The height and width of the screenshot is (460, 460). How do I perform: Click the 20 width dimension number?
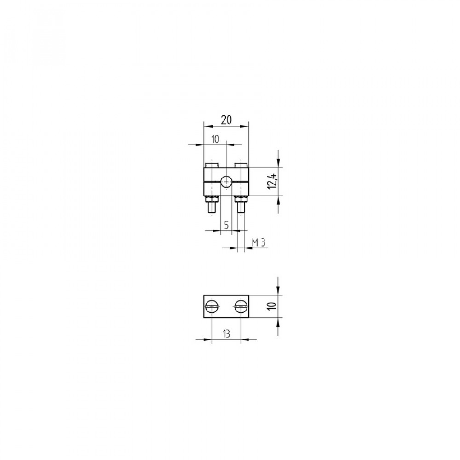226,120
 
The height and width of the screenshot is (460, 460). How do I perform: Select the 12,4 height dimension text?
272,181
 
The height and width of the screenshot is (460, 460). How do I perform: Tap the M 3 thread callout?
259,242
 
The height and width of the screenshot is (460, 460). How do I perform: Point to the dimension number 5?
226,225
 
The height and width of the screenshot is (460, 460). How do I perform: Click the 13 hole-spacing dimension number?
226,334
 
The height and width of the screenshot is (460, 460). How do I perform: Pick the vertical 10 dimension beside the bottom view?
272,305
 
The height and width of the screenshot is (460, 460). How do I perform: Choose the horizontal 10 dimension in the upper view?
215,139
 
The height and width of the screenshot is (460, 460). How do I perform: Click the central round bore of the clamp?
226,182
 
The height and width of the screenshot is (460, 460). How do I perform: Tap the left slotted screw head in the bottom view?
212,306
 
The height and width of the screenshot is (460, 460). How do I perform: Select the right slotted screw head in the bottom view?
241,306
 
